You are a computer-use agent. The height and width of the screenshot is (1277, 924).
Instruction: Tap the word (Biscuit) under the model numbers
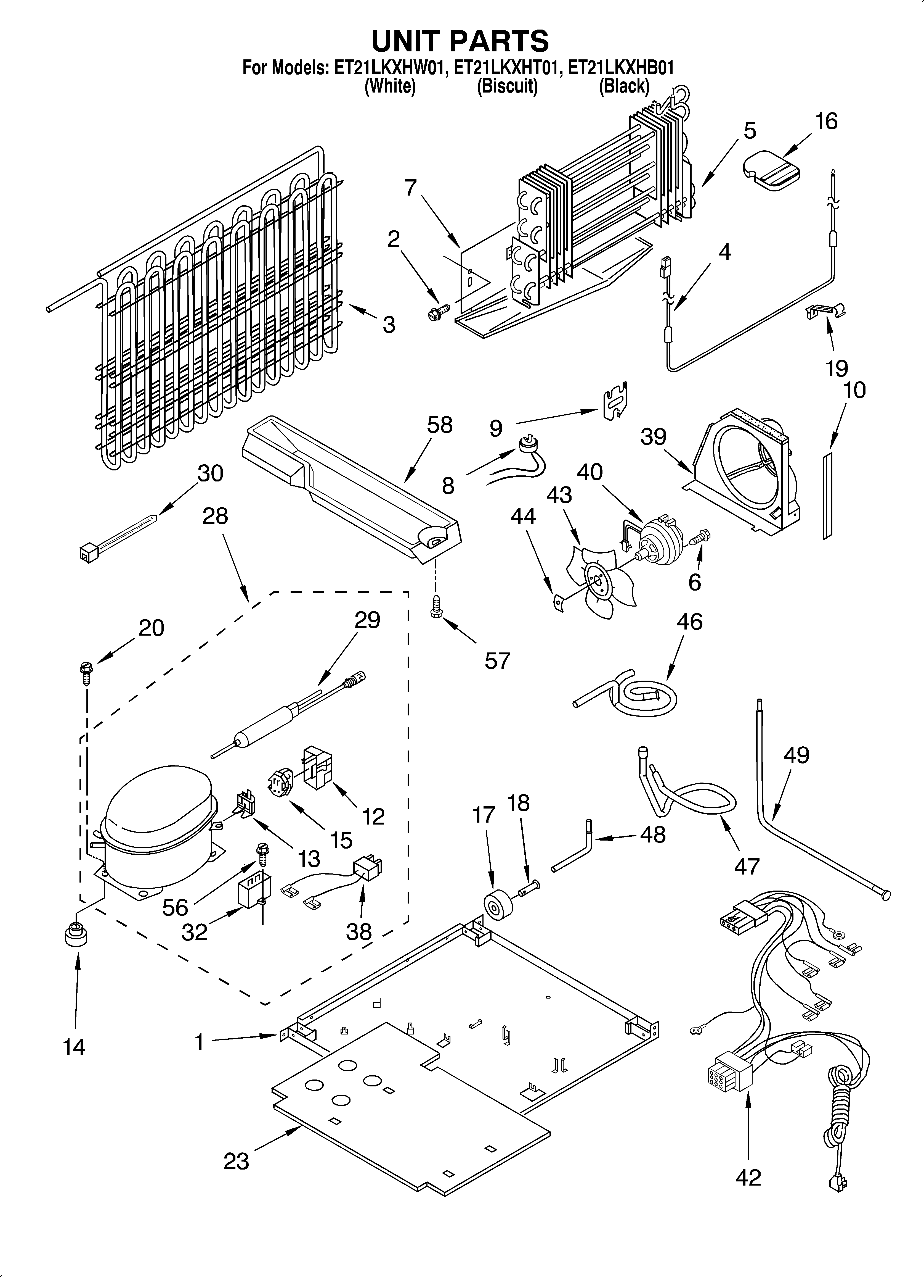point(507,86)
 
